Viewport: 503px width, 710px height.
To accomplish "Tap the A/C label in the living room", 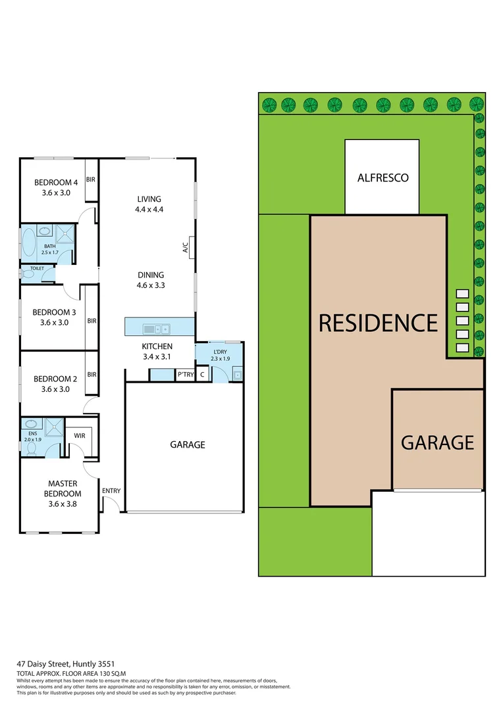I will [185, 248].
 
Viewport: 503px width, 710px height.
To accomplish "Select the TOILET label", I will [28, 269].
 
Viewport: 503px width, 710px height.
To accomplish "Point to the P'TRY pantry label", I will [185, 375].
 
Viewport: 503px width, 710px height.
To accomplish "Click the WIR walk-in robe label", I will [79, 435].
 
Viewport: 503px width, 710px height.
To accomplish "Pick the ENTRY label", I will [111, 490].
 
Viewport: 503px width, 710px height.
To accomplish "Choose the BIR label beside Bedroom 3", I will [92, 321].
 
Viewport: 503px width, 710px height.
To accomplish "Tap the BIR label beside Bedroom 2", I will [92, 375].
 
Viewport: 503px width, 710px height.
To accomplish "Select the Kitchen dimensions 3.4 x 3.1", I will [157, 357].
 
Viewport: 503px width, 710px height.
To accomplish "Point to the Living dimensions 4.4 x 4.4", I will [149, 210].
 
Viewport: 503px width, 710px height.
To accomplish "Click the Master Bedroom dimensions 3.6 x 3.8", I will [64, 504].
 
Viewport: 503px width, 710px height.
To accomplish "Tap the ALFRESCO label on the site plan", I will [383, 177].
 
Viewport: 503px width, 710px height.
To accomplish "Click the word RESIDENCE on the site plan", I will [378, 323].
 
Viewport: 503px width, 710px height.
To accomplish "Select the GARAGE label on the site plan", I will [437, 442].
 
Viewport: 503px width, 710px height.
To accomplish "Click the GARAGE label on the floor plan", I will [188, 444].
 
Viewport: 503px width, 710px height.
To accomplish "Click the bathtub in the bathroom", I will [28, 242].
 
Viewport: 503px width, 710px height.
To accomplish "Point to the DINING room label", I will [151, 275].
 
